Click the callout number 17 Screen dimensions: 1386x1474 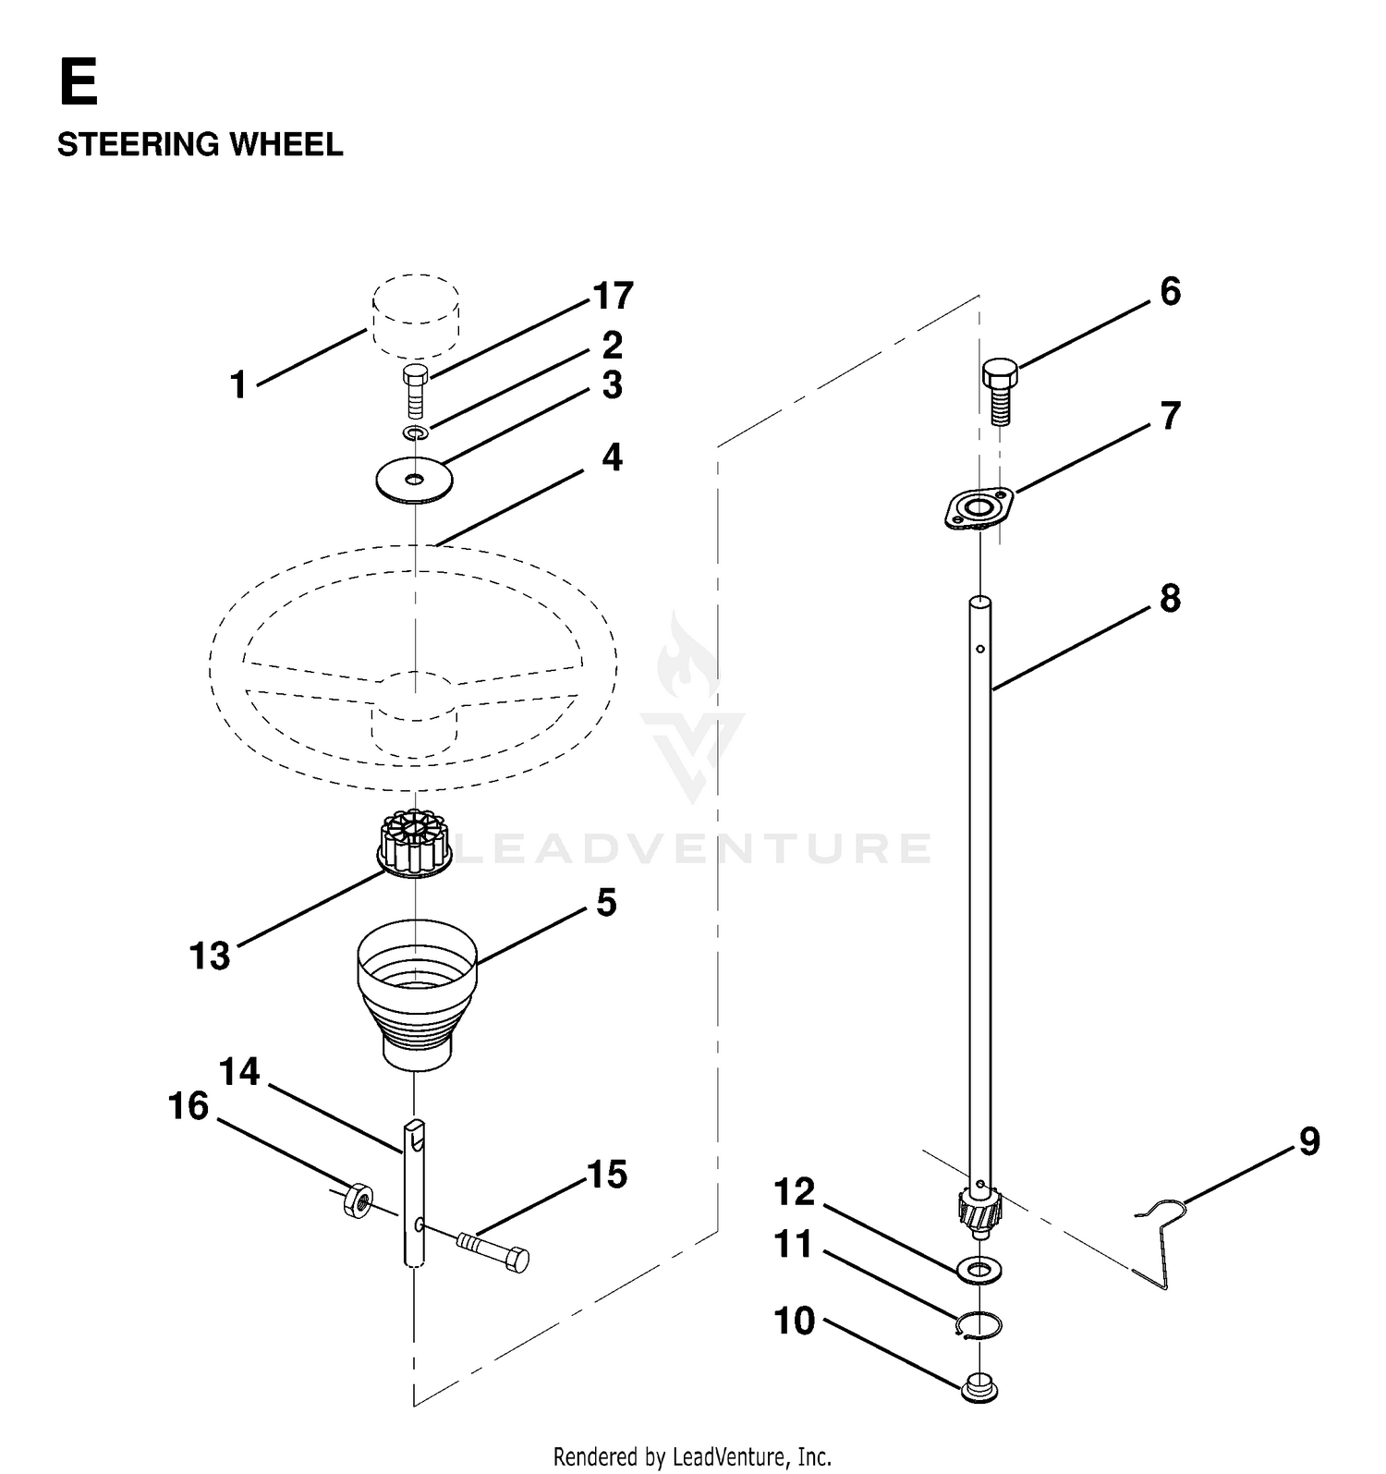coord(613,296)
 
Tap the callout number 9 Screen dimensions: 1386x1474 coord(1309,1141)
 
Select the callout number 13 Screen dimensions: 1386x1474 coord(210,956)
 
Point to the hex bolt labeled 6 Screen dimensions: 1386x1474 coord(999,391)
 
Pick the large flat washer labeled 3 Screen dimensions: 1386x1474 coord(414,480)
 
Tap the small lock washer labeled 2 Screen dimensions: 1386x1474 coord(415,432)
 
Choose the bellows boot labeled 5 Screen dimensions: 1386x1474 coord(417,995)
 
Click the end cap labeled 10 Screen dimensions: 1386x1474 coord(979,1388)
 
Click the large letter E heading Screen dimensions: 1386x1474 coord(78,83)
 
